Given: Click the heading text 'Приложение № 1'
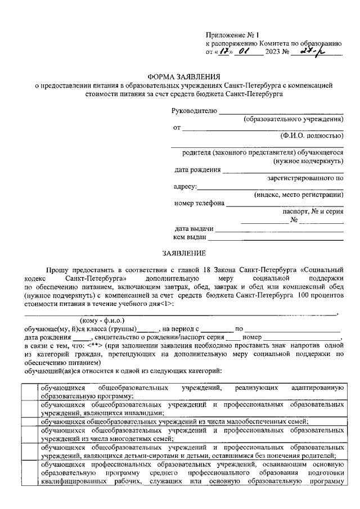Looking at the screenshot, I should [231, 34].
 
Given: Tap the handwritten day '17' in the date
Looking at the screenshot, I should [223, 52].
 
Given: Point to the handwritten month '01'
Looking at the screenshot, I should [245, 52].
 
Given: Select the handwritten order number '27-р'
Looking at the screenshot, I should [309, 52].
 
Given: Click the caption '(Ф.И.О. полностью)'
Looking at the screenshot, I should [311, 136].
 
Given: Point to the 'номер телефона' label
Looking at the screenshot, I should [199, 203].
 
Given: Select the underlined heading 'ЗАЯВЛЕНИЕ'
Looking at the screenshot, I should [184, 253].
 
